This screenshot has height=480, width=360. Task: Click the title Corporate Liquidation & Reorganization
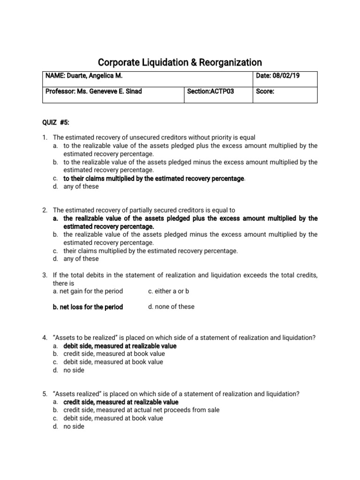click(x=180, y=62)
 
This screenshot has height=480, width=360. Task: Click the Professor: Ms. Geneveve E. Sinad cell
click(x=93, y=91)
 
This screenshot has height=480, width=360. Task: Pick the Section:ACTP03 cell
click(x=210, y=91)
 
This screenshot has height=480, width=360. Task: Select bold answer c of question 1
click(x=154, y=179)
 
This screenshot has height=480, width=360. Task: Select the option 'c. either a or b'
click(x=168, y=291)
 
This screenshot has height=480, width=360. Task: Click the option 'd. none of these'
click(x=171, y=307)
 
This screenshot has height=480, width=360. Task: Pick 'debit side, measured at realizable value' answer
click(x=120, y=346)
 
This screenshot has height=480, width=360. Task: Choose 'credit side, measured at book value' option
click(x=114, y=354)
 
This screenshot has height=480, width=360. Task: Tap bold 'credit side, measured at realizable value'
click(x=120, y=402)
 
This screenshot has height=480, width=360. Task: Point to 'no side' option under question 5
click(x=74, y=427)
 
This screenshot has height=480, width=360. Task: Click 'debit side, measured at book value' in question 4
click(x=113, y=362)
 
